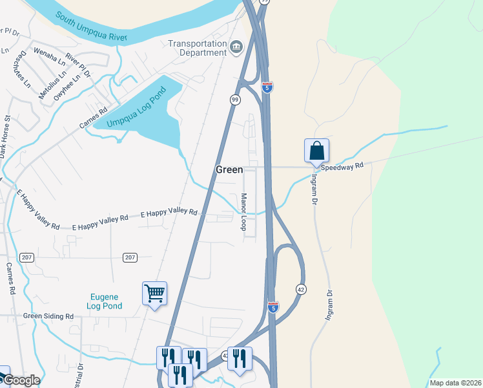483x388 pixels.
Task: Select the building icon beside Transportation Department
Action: pos(236,47)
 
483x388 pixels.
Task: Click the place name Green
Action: pos(229,169)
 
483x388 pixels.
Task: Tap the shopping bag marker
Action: pos(316,151)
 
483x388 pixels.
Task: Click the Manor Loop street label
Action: pos(243,211)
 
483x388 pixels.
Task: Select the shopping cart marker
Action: pos(154,294)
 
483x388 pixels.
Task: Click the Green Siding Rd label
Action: pos(48,316)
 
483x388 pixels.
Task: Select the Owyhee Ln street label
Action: pos(67,84)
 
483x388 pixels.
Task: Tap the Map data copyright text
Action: pos(455,383)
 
